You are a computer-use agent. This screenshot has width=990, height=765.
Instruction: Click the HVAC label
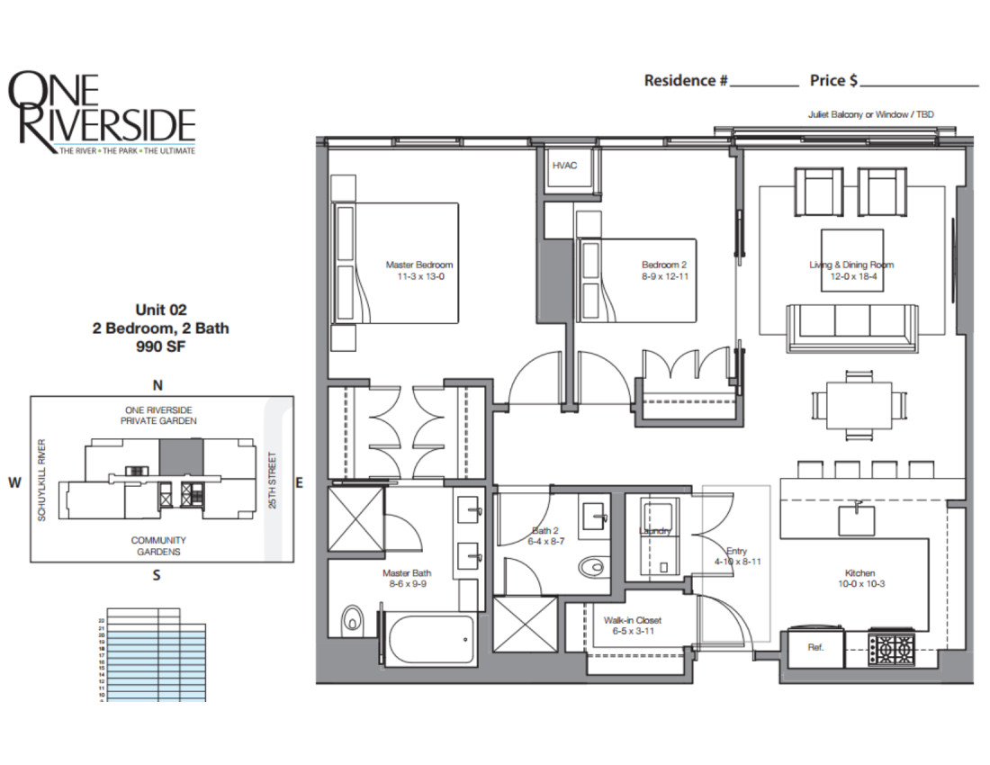564,166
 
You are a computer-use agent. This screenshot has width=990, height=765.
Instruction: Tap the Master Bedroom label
418,265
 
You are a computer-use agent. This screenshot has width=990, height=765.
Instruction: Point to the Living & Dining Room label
850,265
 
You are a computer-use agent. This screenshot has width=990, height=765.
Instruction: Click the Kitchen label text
859,573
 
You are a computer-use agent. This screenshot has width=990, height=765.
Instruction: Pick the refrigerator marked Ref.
815,647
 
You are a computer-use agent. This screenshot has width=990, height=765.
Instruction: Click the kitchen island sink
851,517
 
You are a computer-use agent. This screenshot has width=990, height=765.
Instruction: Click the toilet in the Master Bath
352,620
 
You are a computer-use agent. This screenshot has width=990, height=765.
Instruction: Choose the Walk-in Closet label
633,620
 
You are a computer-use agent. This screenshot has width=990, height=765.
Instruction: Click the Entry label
736,551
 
